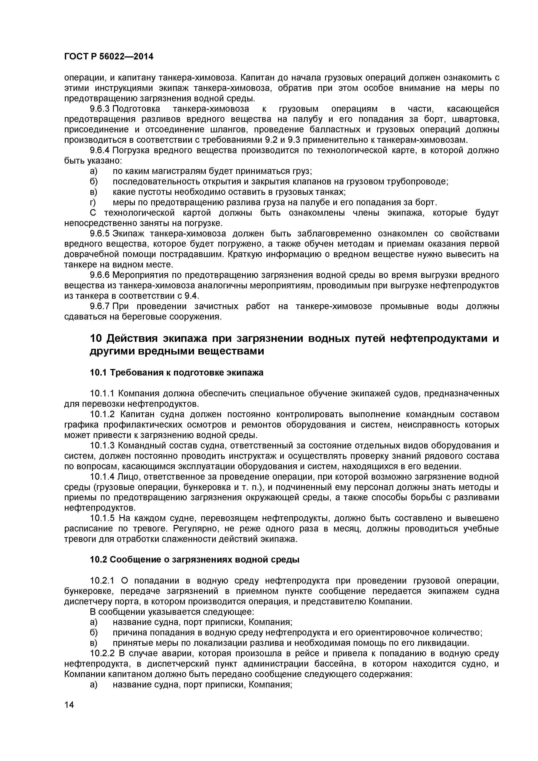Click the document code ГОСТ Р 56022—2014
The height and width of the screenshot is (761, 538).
click(x=109, y=57)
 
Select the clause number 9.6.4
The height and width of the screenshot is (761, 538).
click(x=100, y=151)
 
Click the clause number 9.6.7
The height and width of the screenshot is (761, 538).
click(x=100, y=307)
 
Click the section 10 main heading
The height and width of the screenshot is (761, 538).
click(x=294, y=345)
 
